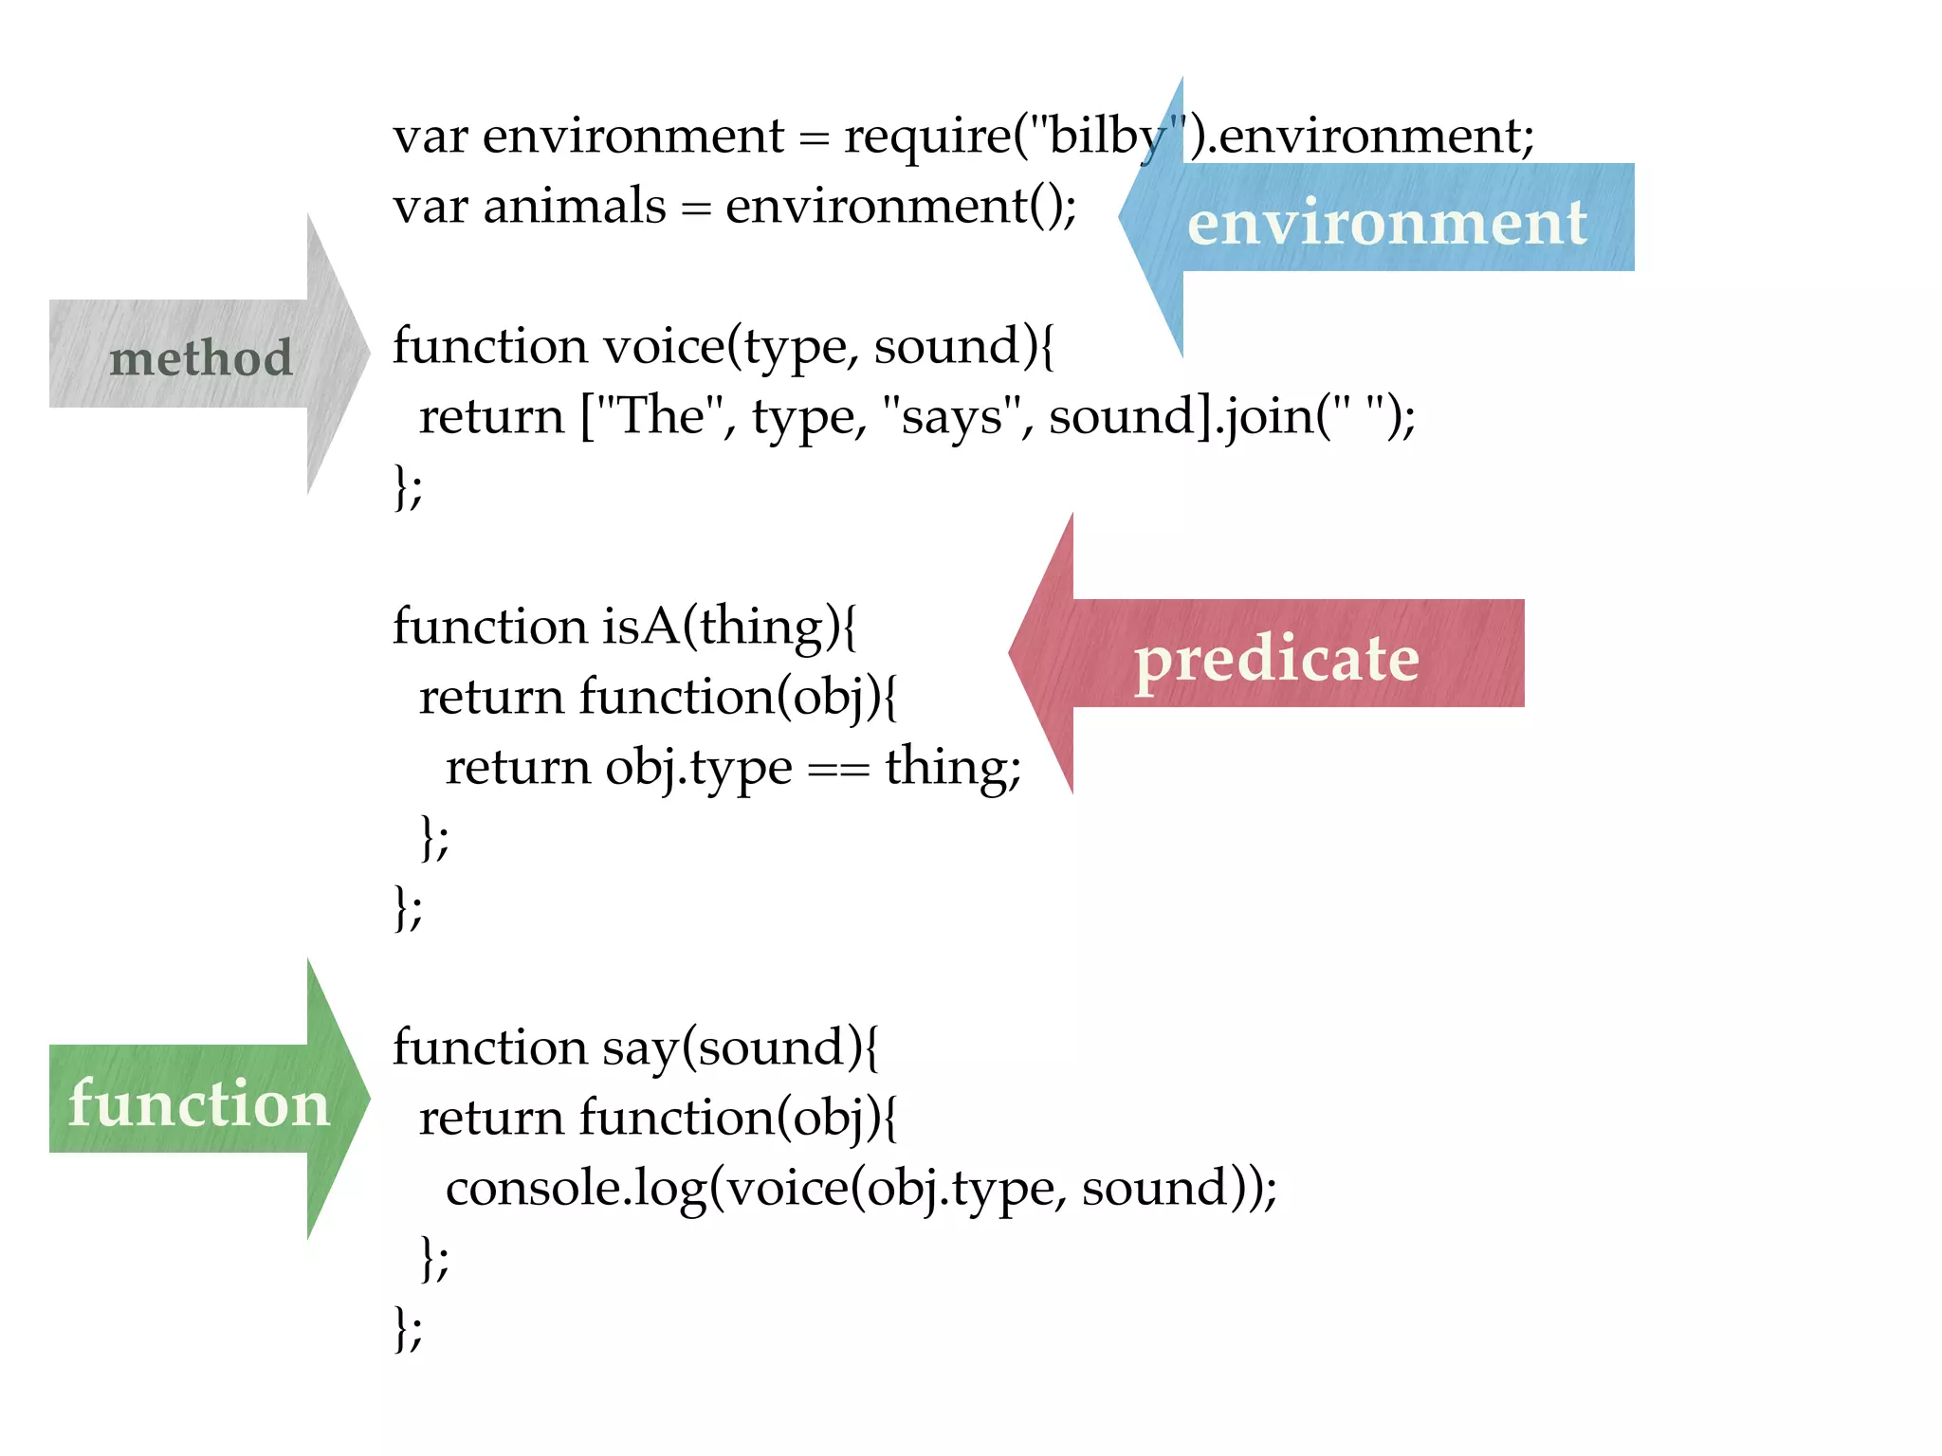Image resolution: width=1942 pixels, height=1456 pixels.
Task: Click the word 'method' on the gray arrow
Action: tap(201, 358)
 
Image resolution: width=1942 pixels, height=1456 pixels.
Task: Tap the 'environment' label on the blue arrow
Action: tap(1386, 224)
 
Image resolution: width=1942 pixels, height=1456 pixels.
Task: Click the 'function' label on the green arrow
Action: tap(199, 1103)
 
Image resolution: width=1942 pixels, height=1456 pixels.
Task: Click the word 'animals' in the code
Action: tap(575, 206)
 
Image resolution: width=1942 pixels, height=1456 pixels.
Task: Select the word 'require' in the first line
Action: tap(927, 136)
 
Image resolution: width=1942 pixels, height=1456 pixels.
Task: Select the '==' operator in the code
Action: tap(838, 769)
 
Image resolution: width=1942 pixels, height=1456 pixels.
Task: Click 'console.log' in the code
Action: tap(576, 1189)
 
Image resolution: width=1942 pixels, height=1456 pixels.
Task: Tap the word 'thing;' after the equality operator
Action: tap(953, 767)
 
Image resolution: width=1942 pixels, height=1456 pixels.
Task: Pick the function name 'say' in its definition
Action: tap(641, 1048)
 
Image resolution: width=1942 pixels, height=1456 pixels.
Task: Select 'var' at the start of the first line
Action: tap(431, 136)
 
